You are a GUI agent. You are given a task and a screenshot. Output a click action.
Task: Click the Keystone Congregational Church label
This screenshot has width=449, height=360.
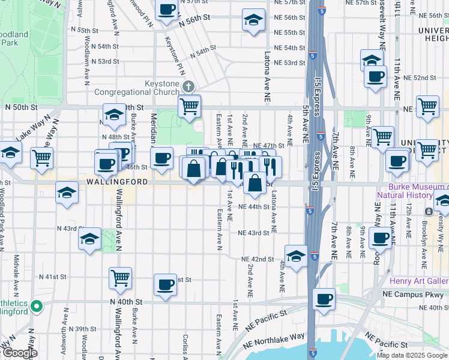coord(133,88)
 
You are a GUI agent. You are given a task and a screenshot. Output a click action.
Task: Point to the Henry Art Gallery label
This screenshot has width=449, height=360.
coord(419,281)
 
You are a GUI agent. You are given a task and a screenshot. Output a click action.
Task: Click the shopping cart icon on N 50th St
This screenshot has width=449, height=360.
coord(189,107)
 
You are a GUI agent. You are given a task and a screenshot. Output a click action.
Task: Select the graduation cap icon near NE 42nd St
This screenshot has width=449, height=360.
coord(296,256)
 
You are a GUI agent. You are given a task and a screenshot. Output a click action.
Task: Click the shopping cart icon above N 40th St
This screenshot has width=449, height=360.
coord(120,278)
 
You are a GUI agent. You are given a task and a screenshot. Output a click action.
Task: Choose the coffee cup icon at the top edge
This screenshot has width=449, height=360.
coord(167,9)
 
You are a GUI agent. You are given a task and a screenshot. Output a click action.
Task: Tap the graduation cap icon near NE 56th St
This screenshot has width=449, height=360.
coord(253,20)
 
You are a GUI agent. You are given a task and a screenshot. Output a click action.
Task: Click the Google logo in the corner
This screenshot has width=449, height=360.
coord(19,353)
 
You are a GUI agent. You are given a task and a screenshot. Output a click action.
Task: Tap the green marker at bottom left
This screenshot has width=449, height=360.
coord(37,307)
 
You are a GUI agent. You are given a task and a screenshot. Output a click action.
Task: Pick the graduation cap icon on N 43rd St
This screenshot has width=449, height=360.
coord(89,239)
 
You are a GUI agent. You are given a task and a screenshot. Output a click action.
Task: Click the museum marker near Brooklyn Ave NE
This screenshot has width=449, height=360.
coord(429,212)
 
